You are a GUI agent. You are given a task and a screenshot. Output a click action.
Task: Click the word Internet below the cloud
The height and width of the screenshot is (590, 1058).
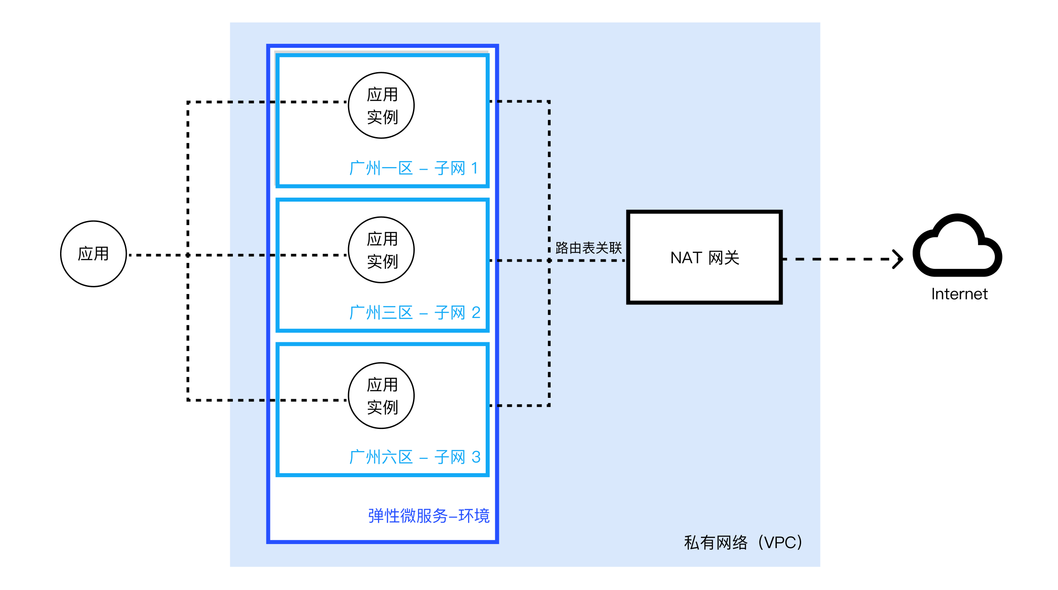959,294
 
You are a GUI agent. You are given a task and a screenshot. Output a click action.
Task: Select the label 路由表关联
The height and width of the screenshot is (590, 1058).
589,248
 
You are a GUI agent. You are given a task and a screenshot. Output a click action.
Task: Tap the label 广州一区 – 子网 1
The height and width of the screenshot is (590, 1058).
413,168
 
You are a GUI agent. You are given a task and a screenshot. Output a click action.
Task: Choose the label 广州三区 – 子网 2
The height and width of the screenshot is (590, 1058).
415,313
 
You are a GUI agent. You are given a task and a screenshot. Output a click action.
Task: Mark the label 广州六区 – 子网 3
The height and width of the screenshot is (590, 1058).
415,457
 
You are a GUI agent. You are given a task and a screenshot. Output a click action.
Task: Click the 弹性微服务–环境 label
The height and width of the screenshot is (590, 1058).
429,516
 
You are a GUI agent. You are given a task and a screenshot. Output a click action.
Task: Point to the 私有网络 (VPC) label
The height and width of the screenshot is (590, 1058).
743,542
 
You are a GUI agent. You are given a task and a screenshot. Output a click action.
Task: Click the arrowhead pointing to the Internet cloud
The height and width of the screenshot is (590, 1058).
898,259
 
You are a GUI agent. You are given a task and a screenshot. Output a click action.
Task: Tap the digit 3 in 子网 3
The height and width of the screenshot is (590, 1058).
476,457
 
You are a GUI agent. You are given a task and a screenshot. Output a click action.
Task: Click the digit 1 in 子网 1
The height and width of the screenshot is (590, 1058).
474,168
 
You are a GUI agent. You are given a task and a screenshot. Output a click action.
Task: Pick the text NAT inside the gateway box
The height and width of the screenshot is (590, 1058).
686,258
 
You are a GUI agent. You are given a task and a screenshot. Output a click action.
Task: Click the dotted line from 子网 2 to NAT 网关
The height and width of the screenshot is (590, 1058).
558,260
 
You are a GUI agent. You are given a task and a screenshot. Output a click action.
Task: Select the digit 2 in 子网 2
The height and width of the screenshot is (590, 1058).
476,313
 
